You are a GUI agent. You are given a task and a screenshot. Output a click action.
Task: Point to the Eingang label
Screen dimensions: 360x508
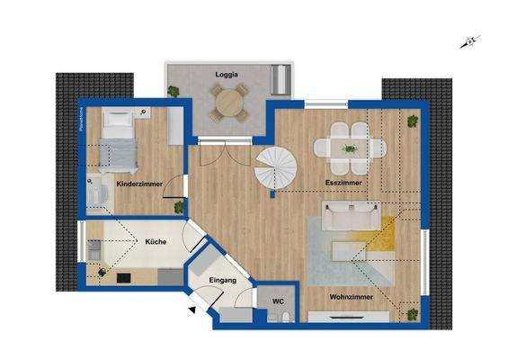[x=222, y=282]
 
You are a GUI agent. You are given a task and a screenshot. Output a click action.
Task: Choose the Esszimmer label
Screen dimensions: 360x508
[x=343, y=183]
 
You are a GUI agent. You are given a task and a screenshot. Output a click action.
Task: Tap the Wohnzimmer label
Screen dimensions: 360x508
[x=351, y=295]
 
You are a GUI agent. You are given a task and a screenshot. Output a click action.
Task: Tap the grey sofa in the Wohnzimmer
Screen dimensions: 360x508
[x=351, y=216]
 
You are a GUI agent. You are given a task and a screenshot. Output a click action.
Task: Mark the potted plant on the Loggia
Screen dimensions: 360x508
[x=173, y=91]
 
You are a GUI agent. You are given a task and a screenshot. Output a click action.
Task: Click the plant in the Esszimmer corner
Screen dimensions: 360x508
[x=413, y=121]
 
